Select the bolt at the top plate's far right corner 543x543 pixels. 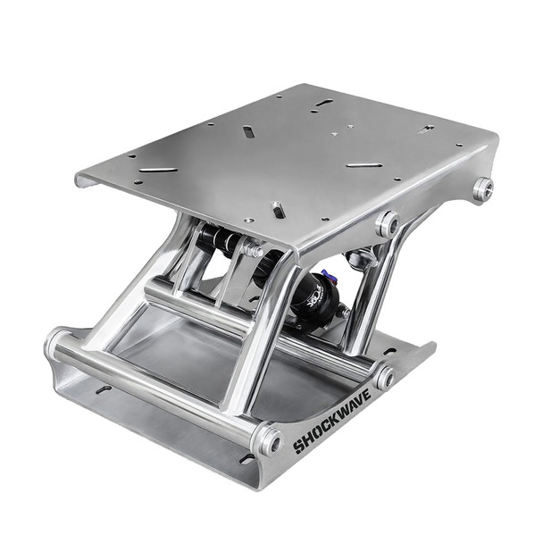[x=483, y=188]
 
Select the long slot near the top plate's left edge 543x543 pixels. [x=158, y=168]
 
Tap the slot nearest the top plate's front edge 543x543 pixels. [x=279, y=209]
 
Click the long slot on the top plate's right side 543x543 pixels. [x=364, y=164]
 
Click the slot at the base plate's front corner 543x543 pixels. [x=246, y=459]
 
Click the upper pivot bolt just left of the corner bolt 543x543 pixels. [x=387, y=223]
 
